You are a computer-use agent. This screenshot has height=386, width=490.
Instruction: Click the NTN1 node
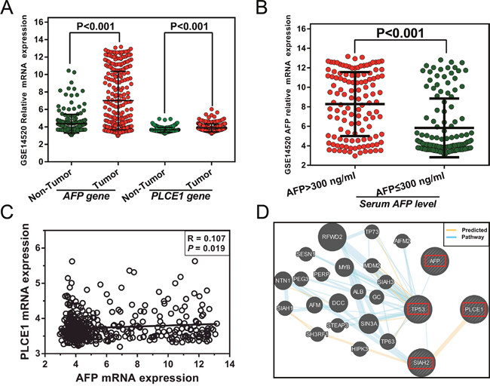[x=283, y=279]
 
